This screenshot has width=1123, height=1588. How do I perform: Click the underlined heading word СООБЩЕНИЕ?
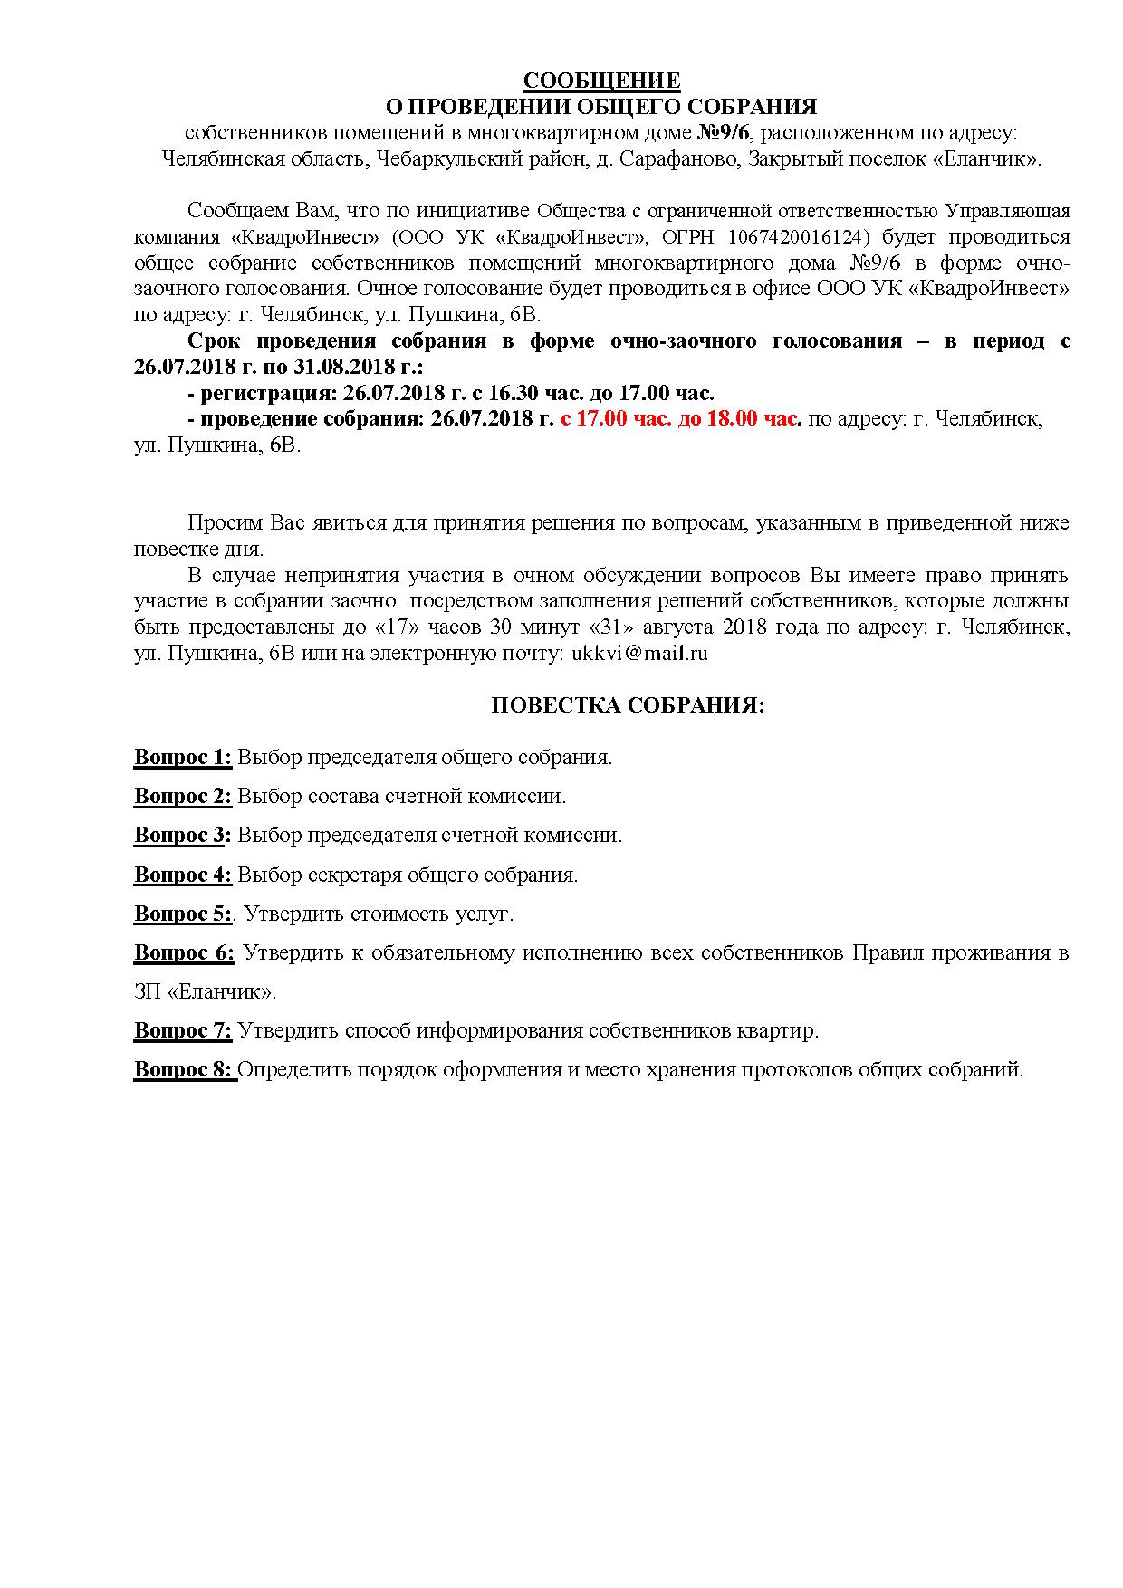click(x=601, y=81)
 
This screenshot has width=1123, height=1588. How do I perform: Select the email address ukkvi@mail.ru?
click(x=639, y=653)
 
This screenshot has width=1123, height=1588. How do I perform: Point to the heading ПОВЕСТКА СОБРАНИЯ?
click(x=628, y=705)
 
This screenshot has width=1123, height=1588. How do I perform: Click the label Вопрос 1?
click(x=183, y=757)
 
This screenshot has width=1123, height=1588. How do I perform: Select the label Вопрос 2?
click(x=183, y=797)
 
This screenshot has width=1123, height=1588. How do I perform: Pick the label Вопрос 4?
click(x=183, y=875)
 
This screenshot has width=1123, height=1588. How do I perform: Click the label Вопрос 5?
click(x=183, y=914)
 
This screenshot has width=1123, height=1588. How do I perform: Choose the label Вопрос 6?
click(x=184, y=952)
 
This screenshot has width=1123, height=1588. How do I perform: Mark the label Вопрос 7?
click(x=183, y=1030)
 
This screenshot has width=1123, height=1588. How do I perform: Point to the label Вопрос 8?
click(x=184, y=1069)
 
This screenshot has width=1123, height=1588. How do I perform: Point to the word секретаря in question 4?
click(x=354, y=875)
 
